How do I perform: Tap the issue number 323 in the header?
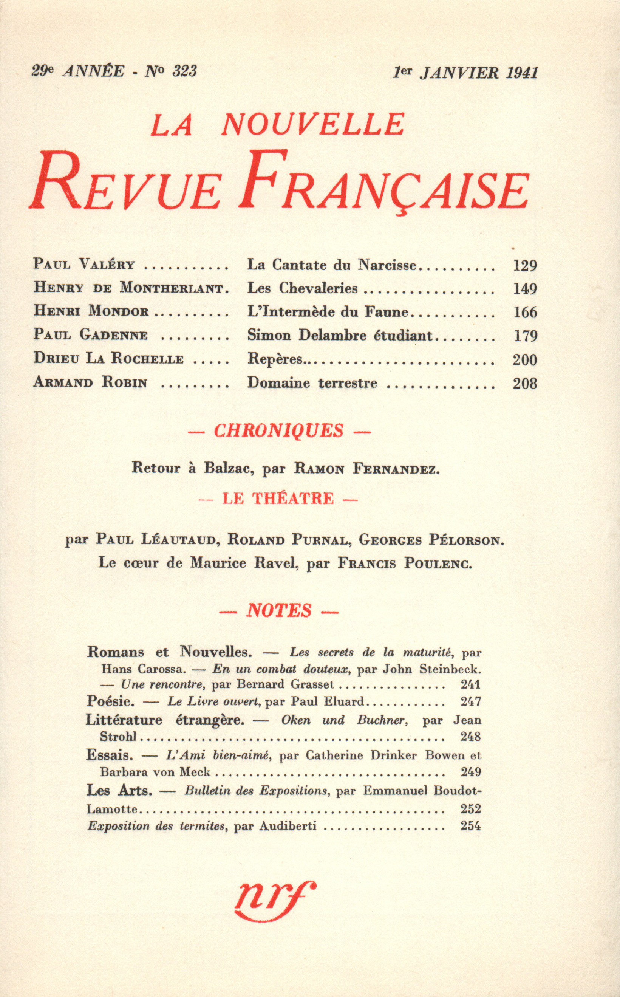[184, 71]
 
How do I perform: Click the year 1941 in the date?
[522, 73]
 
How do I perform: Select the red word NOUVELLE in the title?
[313, 124]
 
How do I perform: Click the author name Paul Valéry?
[84, 264]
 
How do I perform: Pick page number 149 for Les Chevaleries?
[525, 289]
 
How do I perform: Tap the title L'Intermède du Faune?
[328, 312]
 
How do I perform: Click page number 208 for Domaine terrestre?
[525, 384]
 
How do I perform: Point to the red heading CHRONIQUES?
[279, 430]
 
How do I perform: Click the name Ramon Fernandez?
[366, 469]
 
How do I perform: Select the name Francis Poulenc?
[405, 564]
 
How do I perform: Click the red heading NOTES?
[279, 611]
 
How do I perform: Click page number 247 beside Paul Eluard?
[470, 701]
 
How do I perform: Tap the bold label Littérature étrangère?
[165, 720]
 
